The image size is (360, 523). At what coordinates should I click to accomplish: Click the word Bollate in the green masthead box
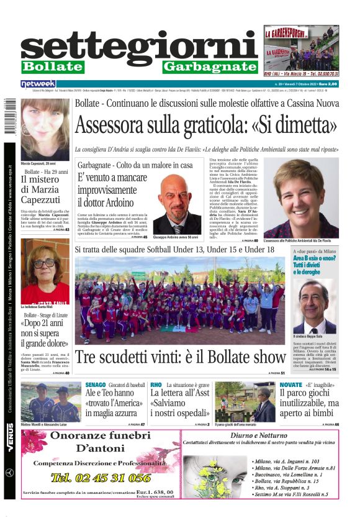pos(52,66)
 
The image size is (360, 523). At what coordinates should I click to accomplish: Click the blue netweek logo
pos(38,84)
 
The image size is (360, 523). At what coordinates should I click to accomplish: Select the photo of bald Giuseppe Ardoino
pos(175,203)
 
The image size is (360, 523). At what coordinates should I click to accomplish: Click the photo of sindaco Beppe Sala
pos(315,306)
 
